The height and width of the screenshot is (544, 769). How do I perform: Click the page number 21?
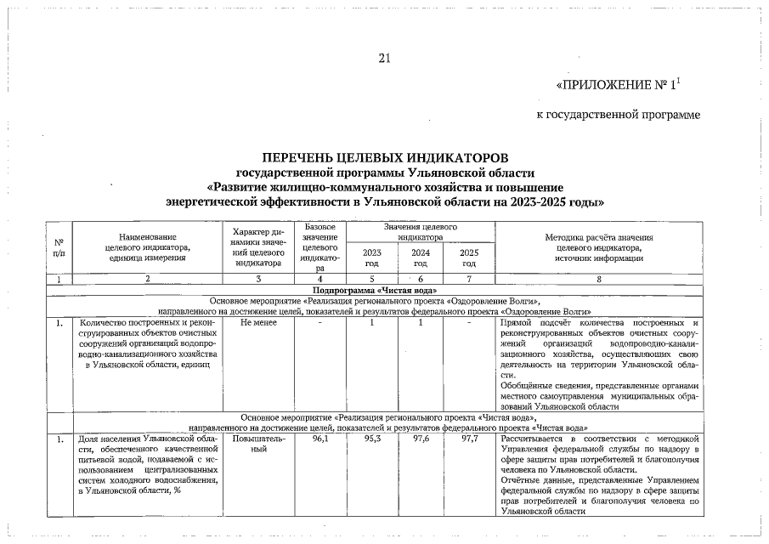(x=384, y=59)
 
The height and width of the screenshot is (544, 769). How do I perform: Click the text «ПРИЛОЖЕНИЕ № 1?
(x=617, y=86)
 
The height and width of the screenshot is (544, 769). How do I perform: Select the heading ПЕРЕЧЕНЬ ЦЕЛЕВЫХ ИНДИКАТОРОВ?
(x=386, y=158)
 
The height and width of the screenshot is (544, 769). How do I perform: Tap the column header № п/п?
(x=58, y=247)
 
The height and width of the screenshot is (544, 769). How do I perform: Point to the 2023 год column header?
(x=372, y=258)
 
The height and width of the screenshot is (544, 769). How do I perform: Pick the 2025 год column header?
(x=469, y=258)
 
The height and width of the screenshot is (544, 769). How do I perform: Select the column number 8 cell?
(x=598, y=279)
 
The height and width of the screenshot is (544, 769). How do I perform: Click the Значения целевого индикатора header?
(x=421, y=233)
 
